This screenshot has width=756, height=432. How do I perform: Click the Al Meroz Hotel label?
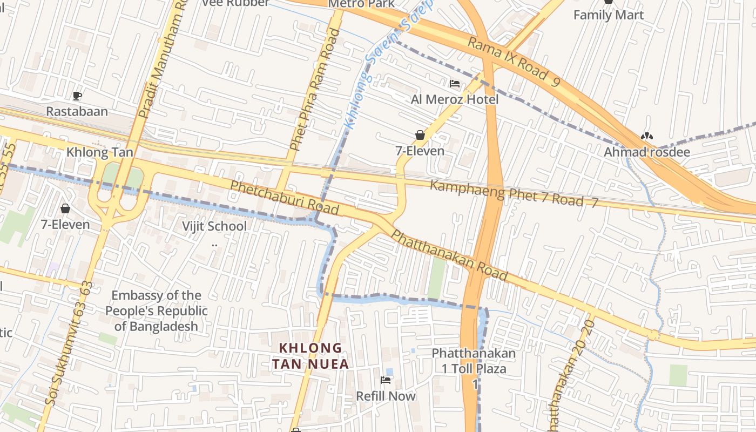tap(455, 99)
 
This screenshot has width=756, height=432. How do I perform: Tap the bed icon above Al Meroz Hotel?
tap(455, 84)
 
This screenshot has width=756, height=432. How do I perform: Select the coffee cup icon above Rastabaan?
tap(77, 96)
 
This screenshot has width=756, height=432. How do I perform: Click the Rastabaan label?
tap(77, 112)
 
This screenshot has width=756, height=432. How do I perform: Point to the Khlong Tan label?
tap(99, 152)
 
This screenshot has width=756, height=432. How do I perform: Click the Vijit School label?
tap(214, 226)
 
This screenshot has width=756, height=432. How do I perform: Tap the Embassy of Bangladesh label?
tap(156, 310)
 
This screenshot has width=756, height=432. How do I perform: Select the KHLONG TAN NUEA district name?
tap(310, 356)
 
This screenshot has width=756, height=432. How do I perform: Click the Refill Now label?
tap(386, 396)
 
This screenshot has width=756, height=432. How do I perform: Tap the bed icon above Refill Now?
tap(386, 380)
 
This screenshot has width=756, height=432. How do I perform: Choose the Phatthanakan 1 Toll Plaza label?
tap(474, 361)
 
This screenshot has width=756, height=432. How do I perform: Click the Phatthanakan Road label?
tap(449, 255)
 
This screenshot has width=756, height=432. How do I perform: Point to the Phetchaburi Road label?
tap(285, 198)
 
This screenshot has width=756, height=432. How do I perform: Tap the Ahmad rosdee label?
tap(646, 152)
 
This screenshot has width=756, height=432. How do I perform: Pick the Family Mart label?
tap(609, 15)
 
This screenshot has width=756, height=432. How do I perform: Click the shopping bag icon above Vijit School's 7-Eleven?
tap(65, 208)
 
